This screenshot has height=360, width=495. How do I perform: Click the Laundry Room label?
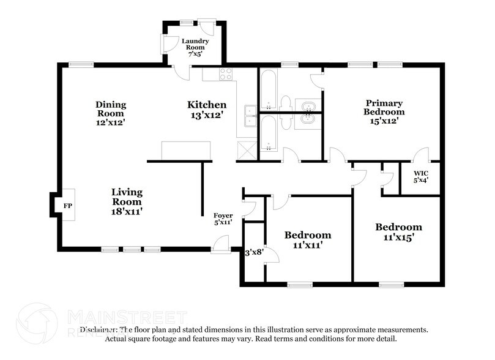point(195,48)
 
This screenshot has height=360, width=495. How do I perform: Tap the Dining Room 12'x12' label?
point(111,113)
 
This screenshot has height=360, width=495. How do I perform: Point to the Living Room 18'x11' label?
point(127,201)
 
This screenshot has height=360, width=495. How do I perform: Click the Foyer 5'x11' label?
point(222,219)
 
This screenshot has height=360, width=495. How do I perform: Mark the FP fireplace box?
point(67,206)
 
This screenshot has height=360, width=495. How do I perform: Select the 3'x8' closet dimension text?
point(253,252)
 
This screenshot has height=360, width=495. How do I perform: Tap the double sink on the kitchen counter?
point(249,114)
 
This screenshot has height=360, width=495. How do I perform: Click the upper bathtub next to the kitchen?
point(269,91)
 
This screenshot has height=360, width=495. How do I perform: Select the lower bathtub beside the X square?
point(269,133)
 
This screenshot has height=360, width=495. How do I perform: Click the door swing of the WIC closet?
point(420,155)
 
